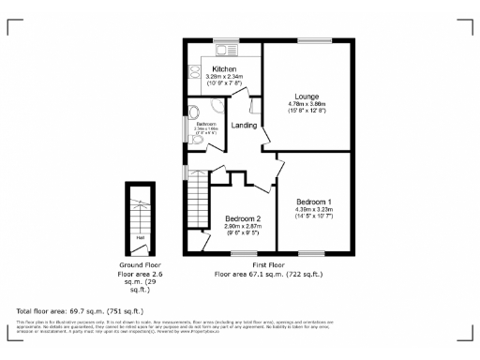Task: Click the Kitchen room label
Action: point(224,69)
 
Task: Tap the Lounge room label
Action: point(307,97)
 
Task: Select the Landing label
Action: point(245,125)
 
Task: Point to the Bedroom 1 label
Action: point(313,202)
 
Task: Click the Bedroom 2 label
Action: point(242,218)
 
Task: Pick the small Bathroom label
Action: point(206,125)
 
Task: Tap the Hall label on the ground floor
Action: point(140,237)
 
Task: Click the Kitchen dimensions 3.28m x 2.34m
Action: point(224,77)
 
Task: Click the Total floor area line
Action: point(80,309)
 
